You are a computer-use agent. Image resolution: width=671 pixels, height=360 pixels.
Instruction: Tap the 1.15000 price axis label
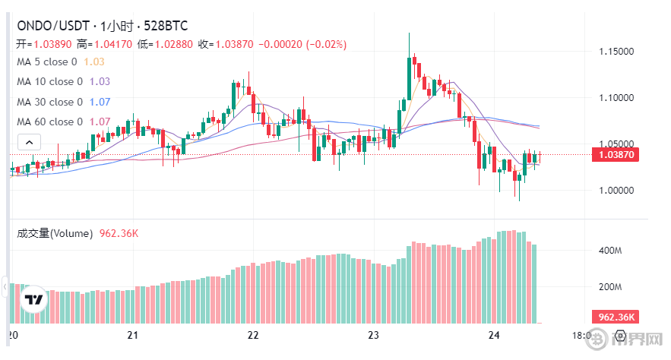(x=616, y=52)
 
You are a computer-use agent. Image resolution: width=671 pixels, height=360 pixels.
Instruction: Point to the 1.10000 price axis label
(x=616, y=98)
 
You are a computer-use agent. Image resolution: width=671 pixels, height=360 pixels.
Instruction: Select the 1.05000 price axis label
(x=616, y=144)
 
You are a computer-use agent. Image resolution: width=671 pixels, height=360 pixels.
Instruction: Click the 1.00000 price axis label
(x=616, y=190)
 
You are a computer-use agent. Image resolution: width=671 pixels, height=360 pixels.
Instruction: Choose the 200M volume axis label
(x=611, y=288)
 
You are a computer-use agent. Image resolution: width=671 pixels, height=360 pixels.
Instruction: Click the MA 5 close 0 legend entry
(x=47, y=62)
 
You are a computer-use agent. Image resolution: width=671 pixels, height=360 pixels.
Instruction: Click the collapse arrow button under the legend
(x=29, y=142)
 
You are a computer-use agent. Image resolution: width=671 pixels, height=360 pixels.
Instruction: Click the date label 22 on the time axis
(x=254, y=335)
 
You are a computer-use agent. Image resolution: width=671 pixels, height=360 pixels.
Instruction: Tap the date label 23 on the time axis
(x=373, y=335)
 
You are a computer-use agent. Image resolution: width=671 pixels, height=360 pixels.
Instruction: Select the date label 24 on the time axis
(x=493, y=335)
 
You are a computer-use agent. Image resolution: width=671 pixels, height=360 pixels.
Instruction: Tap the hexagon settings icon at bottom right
(x=620, y=335)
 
